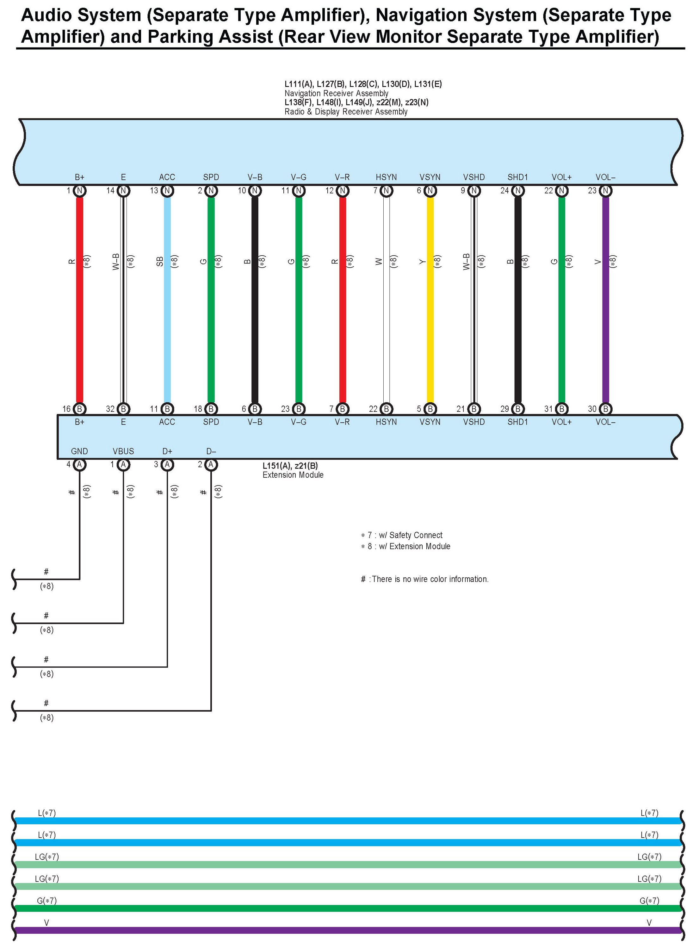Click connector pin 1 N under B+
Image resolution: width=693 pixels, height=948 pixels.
pyautogui.click(x=79, y=191)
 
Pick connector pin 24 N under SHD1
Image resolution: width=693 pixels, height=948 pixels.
pyautogui.click(x=518, y=191)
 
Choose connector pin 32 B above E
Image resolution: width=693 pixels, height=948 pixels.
pyautogui.click(x=123, y=409)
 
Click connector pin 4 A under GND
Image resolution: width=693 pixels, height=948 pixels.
pyautogui.click(x=79, y=464)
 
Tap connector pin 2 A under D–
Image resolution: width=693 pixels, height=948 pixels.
pyautogui.click(x=211, y=464)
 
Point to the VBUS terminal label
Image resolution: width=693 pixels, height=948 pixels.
pyautogui.click(x=123, y=451)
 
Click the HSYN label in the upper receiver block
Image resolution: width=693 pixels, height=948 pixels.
pyautogui.click(x=386, y=177)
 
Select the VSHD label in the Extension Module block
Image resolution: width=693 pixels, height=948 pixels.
pyautogui.click(x=473, y=422)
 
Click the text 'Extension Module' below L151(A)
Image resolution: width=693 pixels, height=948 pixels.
pyautogui.click(x=293, y=475)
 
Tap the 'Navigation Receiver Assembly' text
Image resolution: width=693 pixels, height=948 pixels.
pyautogui.click(x=337, y=93)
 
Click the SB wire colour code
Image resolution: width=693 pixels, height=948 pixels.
pyautogui.click(x=159, y=261)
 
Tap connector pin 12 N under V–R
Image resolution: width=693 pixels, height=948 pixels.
pyautogui.click(x=342, y=191)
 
